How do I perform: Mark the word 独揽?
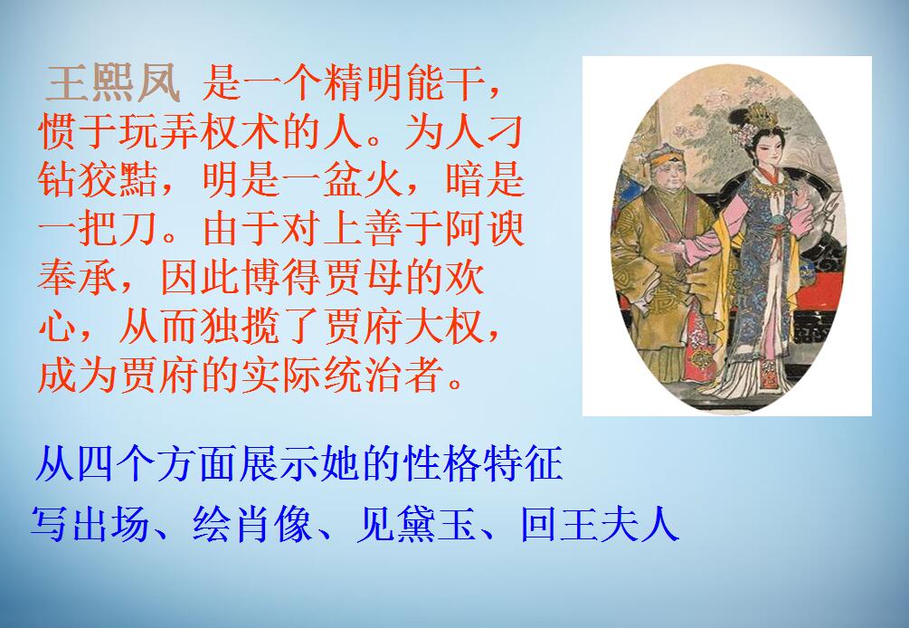[244, 326]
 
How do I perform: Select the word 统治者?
[426, 373]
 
